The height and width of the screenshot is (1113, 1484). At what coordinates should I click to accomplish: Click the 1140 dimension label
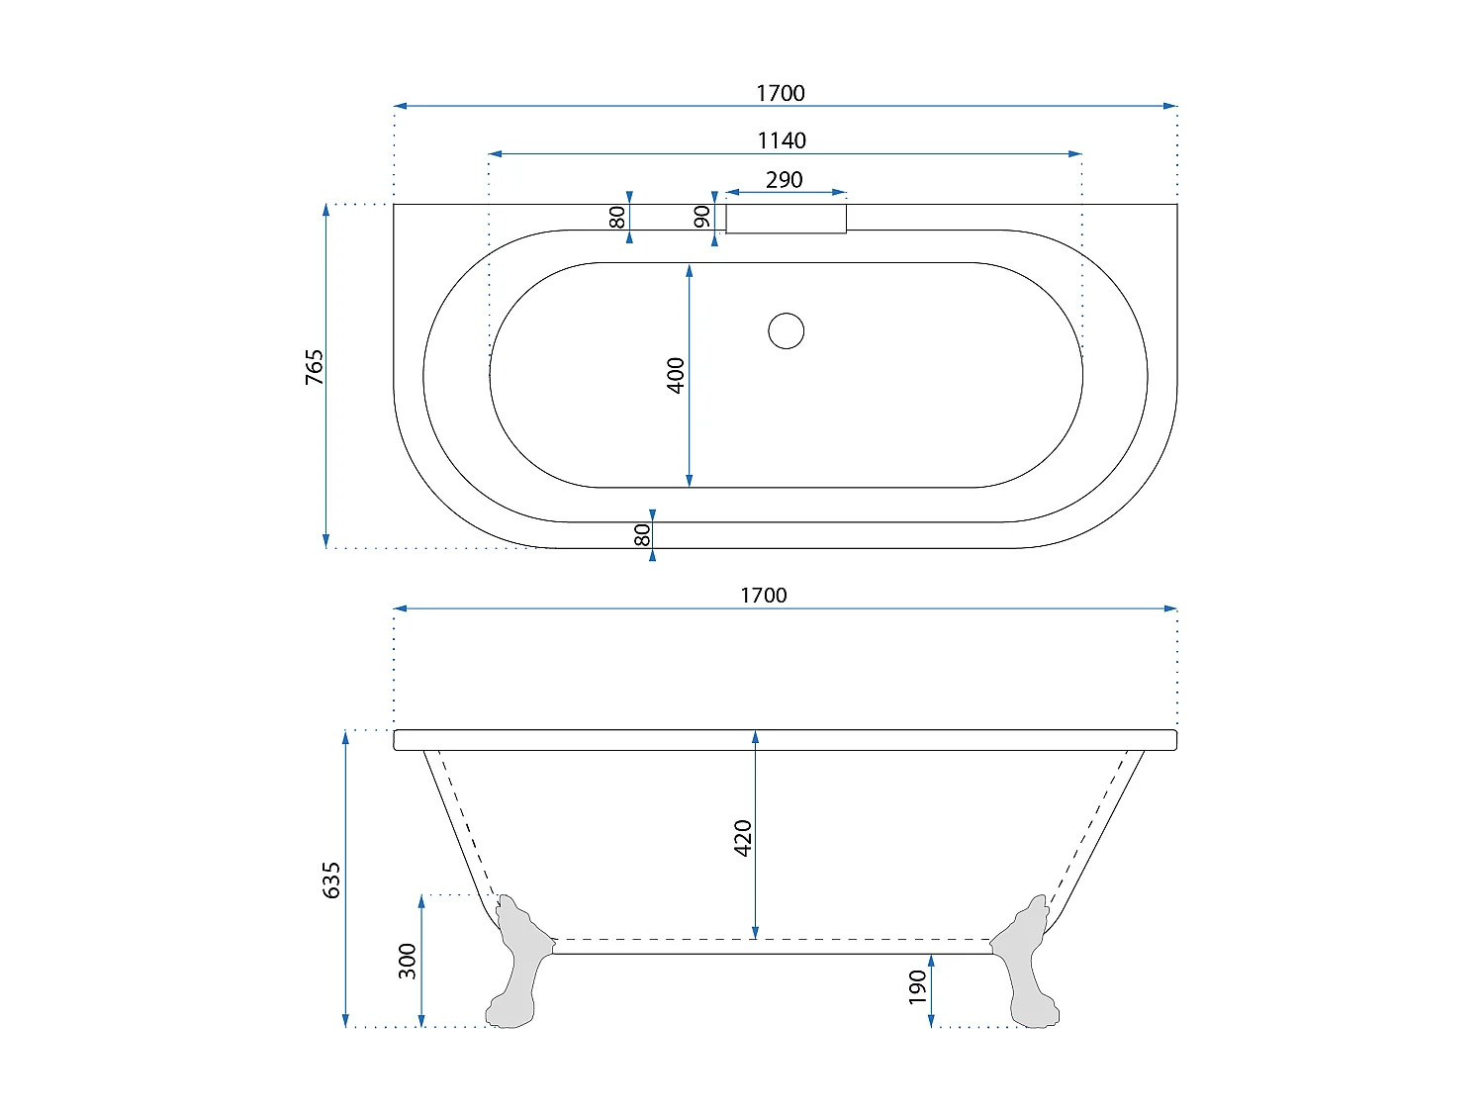point(781,140)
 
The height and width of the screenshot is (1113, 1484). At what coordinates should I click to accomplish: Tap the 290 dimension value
point(785,180)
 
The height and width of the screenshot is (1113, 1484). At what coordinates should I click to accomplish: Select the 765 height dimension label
point(314,367)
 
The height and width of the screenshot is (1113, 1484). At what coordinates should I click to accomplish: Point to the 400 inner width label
point(676,375)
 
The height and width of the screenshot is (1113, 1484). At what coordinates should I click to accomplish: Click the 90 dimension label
point(701,217)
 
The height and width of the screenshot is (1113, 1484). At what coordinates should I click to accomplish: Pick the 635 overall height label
point(330,880)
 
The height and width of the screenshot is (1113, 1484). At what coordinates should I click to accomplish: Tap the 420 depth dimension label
point(742,838)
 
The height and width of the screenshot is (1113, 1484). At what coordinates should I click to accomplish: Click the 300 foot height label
point(407,961)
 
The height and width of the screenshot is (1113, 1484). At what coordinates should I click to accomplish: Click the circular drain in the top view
point(786,331)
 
